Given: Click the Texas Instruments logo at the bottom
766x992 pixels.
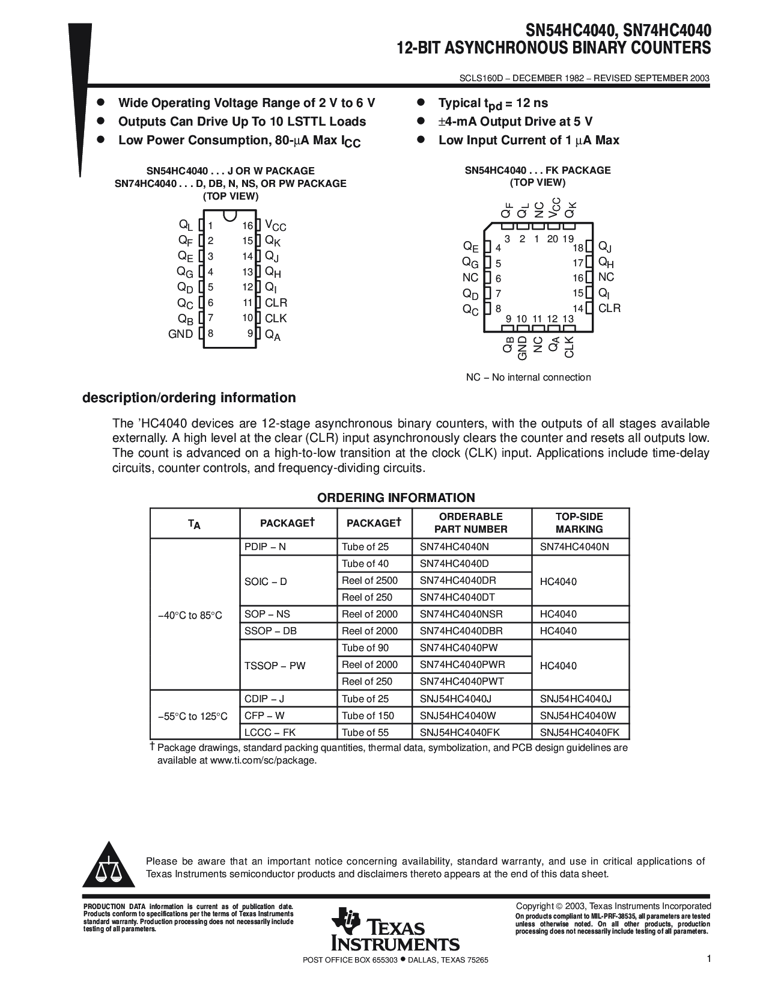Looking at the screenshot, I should point(395,929).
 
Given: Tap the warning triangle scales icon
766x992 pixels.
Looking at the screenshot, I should point(109,866).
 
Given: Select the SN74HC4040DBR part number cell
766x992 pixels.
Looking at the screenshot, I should point(461,631).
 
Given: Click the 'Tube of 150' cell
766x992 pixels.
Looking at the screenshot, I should point(368,715).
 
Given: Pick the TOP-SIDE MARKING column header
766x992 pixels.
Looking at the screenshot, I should point(579,523).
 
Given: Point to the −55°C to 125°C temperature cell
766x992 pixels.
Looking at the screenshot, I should point(193,716).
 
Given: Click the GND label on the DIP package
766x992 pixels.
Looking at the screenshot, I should point(180,334).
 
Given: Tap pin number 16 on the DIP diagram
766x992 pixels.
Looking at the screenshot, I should point(248,226).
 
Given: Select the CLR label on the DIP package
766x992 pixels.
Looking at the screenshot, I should point(276,303).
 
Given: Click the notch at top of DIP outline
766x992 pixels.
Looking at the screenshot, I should point(229,215).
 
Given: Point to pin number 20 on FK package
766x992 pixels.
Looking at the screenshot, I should point(553,239).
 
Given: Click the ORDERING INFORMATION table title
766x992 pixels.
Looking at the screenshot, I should point(396,498).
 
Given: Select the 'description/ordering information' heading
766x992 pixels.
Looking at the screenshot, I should point(189,398).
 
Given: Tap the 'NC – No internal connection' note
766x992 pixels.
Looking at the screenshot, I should point(529,378).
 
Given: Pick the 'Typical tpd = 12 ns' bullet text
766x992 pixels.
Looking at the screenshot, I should point(493,103).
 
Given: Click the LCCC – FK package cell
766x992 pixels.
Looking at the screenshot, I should point(270,732).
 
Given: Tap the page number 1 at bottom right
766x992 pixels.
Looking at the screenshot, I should point(709,960).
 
